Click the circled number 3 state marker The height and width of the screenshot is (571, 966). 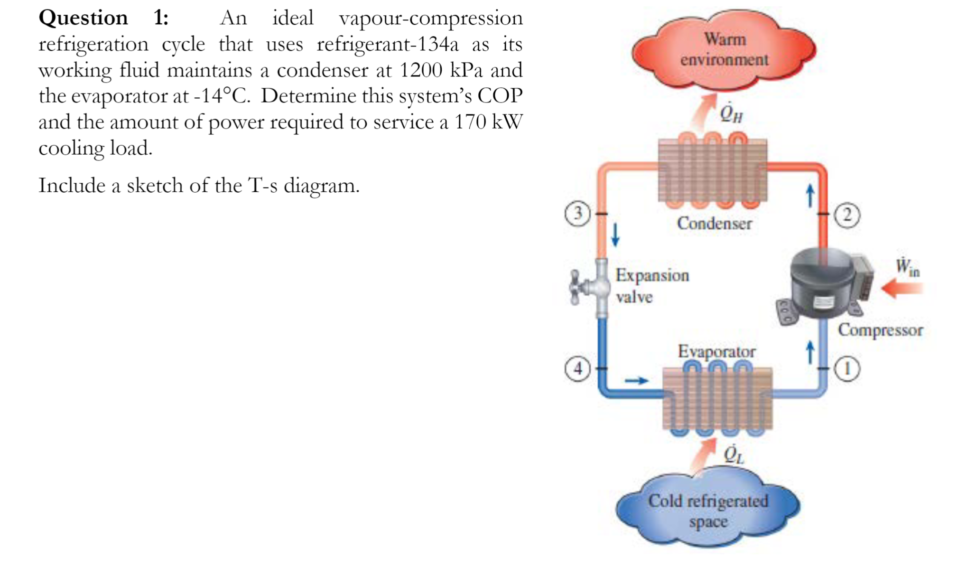pos(577,214)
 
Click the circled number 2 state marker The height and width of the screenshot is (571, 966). pos(847,215)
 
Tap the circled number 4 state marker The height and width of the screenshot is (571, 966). pos(577,368)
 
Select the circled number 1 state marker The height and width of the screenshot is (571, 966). pos(847,368)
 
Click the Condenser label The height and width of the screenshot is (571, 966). pos(714,223)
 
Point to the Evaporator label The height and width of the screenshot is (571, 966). pos(716,351)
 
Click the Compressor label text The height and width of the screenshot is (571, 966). pos(880,329)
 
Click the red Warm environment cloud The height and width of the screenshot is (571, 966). pos(724,50)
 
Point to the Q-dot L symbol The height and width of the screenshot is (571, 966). pos(734,454)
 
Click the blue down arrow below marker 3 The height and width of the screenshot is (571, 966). pos(615,234)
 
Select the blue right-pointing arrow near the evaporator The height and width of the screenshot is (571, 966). pos(636,381)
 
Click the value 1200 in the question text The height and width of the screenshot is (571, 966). pos(420,70)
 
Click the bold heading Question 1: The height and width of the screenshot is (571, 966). pos(103,18)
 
